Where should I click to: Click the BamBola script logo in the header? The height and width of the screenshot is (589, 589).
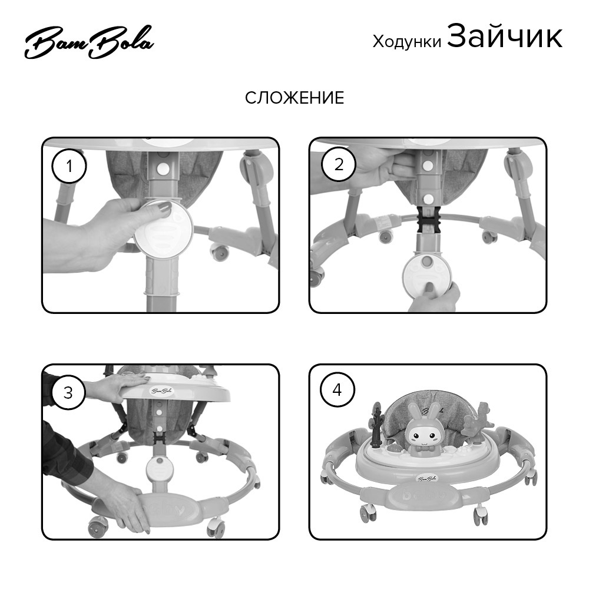click(x=90, y=42)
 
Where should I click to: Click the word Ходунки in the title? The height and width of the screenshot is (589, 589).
click(x=407, y=41)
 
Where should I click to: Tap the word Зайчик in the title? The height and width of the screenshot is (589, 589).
click(x=505, y=36)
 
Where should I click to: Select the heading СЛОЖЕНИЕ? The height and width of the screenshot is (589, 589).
click(x=294, y=98)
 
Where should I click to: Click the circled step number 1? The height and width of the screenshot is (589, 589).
click(x=69, y=166)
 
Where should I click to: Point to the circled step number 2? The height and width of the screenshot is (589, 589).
click(x=339, y=164)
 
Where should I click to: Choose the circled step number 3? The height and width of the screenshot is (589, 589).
click(x=68, y=392)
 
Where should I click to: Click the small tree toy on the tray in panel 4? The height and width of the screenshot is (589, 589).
click(x=376, y=425)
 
